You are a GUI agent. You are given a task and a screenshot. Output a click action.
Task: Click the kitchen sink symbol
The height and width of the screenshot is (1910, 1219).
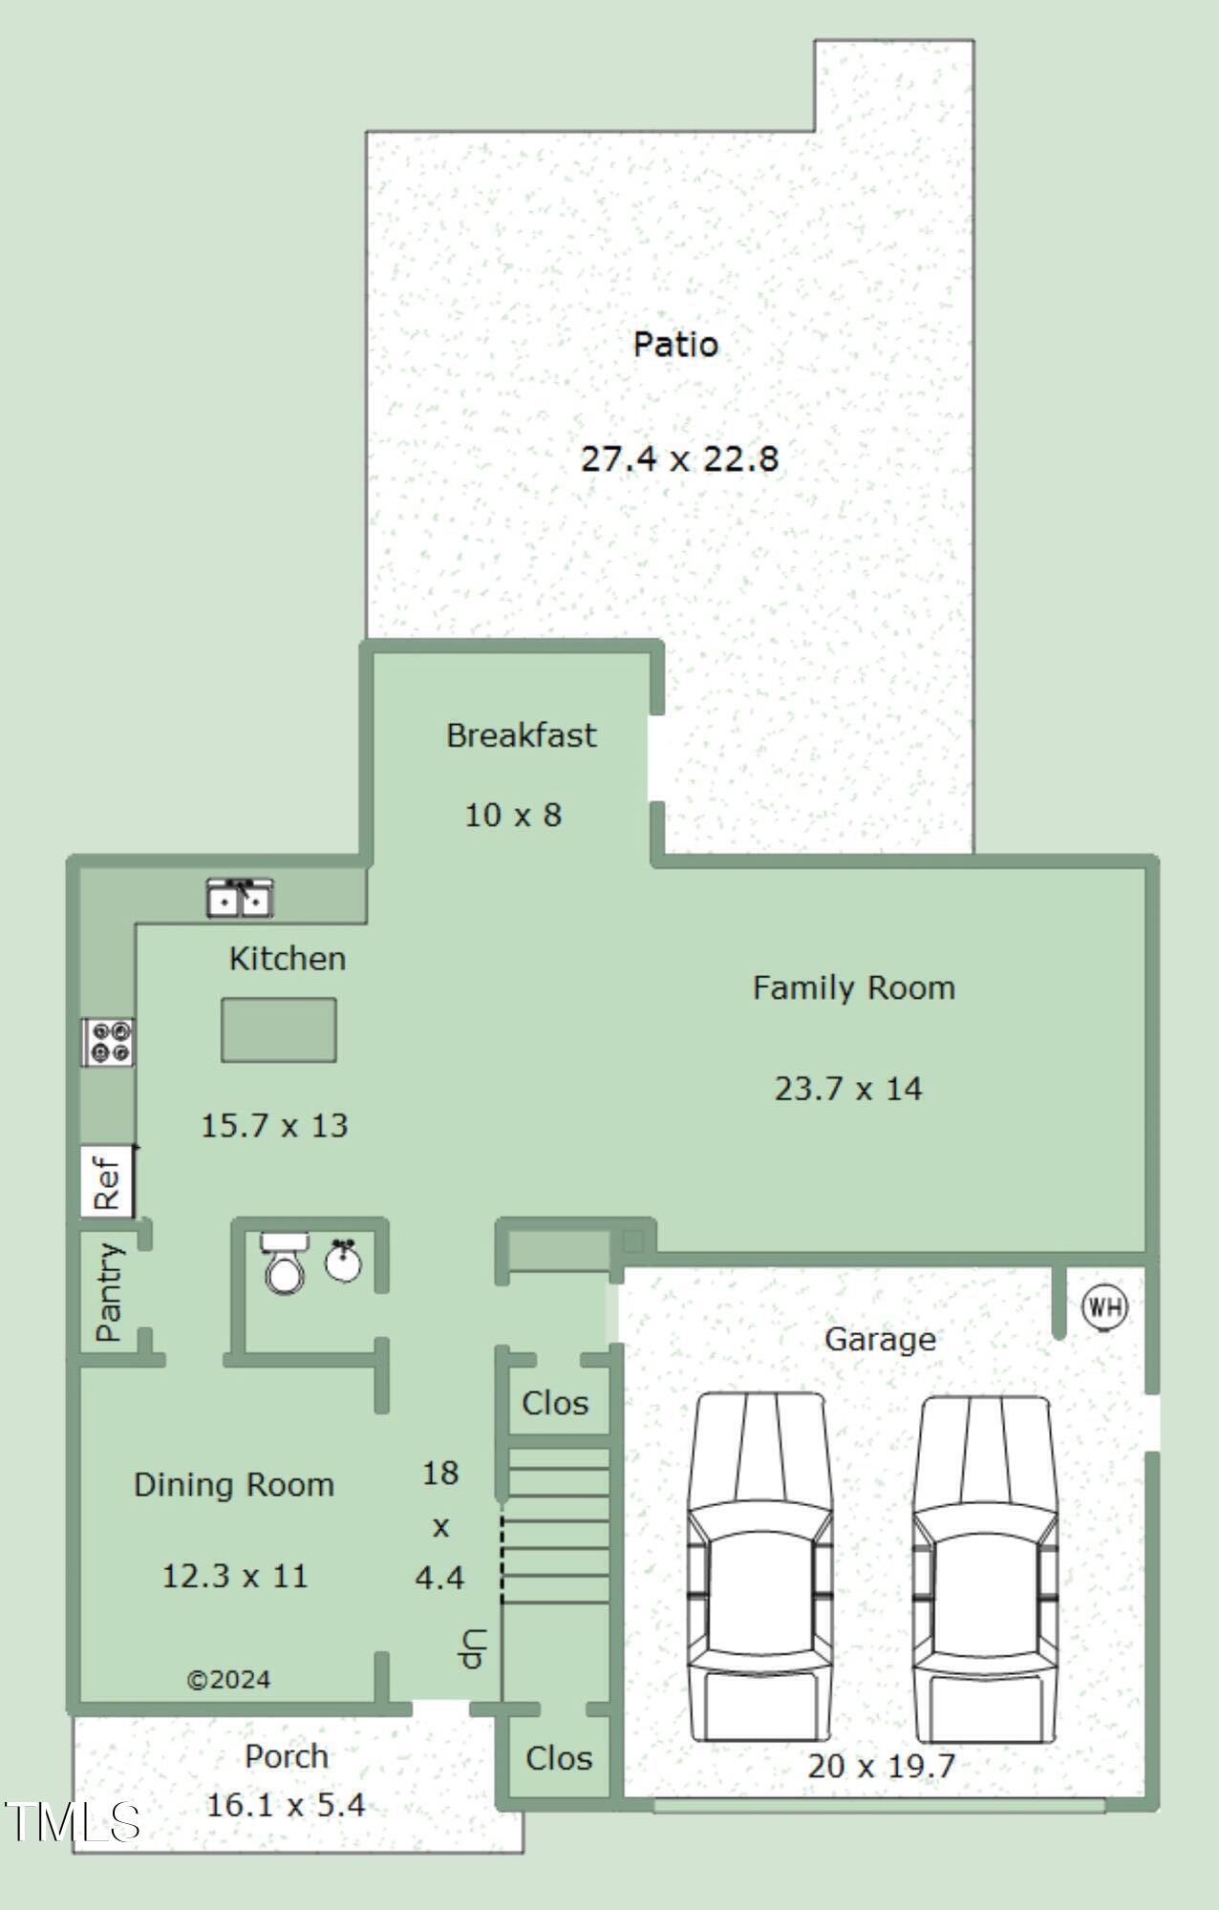pos(240,898)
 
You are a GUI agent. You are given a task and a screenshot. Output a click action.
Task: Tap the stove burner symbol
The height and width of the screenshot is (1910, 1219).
pos(108,1041)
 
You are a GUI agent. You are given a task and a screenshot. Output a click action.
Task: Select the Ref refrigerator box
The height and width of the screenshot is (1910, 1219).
pos(106,1181)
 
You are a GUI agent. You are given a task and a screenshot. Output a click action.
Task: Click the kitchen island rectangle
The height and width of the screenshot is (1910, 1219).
pos(278,1029)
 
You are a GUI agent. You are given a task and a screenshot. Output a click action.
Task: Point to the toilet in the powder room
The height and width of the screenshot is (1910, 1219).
pos(284,1263)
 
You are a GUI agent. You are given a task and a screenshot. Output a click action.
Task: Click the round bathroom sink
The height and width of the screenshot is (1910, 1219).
pos(343,1261)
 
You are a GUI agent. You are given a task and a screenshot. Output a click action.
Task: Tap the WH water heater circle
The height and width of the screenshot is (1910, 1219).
pos(1104,1306)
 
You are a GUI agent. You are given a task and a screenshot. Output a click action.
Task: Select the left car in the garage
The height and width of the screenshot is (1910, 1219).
pos(759,1566)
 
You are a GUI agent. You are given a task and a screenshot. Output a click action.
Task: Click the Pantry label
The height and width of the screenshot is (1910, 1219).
pos(109,1291)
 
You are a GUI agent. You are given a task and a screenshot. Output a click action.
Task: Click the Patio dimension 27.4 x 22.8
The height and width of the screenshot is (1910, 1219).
pos(679,459)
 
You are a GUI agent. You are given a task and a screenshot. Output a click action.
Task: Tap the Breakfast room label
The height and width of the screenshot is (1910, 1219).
pos(521,735)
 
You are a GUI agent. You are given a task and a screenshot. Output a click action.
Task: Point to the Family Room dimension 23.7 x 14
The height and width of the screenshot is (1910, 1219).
pos(848,1089)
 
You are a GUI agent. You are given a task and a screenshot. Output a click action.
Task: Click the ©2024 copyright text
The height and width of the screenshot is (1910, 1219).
pos(228,1680)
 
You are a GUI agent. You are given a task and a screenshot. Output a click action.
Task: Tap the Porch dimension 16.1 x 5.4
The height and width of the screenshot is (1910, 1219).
pos(286,1805)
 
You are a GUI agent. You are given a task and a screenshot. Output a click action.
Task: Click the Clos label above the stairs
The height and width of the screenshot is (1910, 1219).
pos(555,1403)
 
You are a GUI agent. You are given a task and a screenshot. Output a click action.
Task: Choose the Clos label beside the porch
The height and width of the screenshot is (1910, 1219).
pos(559,1758)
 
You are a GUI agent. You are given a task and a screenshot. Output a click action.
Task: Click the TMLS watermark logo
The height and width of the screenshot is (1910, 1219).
pos(72,1822)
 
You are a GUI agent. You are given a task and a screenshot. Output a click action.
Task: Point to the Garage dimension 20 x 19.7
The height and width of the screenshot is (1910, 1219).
pos(881,1766)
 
